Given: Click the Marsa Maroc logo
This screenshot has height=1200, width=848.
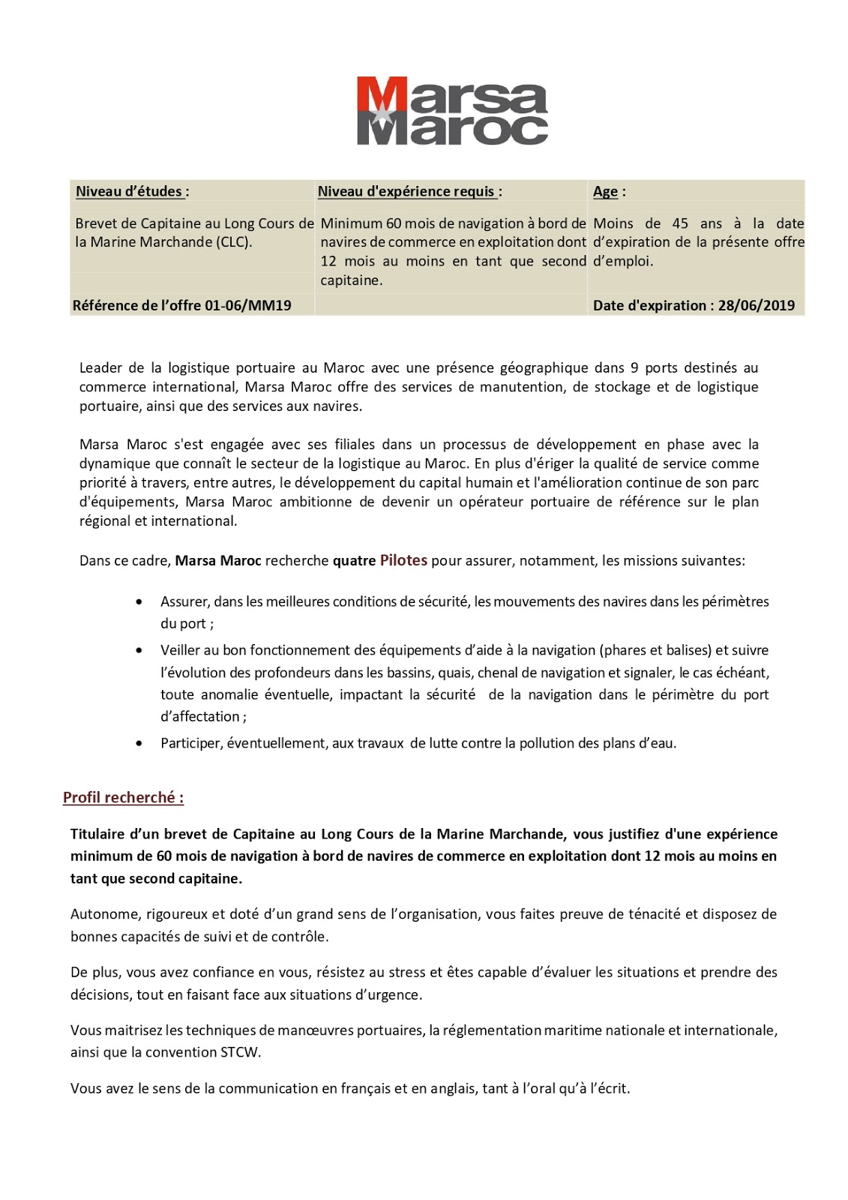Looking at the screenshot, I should pyautogui.click(x=452, y=110).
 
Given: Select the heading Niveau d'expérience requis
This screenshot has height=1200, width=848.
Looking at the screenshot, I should pyautogui.click(x=409, y=192).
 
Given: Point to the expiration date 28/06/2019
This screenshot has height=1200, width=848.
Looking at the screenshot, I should pyautogui.click(x=756, y=306).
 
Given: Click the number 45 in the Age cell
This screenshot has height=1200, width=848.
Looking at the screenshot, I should pyautogui.click(x=680, y=223).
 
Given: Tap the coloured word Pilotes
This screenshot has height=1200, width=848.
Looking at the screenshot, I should pyautogui.click(x=403, y=560).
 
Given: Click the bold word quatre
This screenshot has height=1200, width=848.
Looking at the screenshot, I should pyautogui.click(x=354, y=561).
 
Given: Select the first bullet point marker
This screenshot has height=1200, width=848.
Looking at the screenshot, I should pyautogui.click(x=139, y=602).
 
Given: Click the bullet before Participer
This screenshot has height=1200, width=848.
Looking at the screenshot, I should pyautogui.click(x=139, y=744).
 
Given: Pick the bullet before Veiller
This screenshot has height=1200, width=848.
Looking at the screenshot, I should pyautogui.click(x=139, y=651).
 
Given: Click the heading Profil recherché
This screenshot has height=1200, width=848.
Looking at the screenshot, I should pyautogui.click(x=123, y=798).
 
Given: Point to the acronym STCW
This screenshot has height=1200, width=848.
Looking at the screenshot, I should pyautogui.click(x=240, y=1052).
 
